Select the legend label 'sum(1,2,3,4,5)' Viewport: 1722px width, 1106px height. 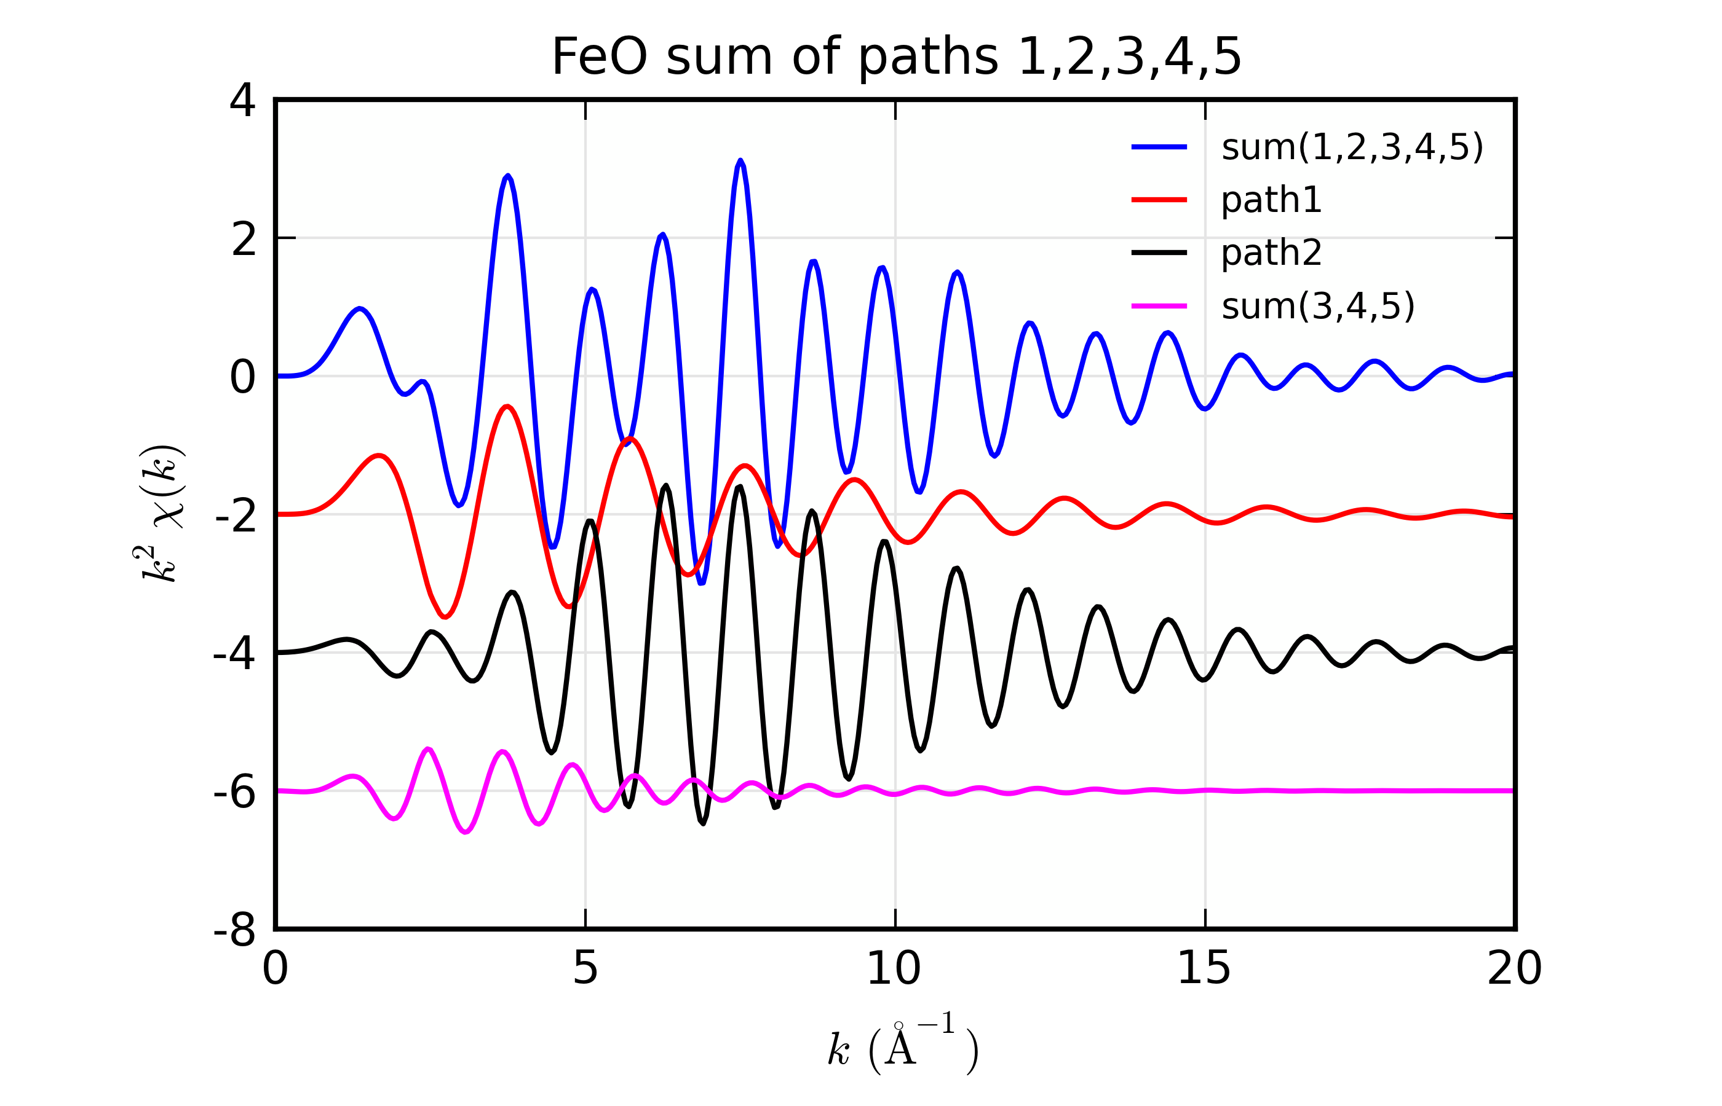(1352, 147)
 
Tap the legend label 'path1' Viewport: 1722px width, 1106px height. (1271, 200)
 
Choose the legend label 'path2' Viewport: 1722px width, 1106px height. (1271, 253)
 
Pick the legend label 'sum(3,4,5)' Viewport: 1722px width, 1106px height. (1317, 306)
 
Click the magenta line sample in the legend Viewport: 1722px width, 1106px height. (1159, 306)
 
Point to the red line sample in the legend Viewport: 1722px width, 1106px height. (1159, 200)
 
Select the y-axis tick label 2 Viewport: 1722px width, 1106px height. (243, 239)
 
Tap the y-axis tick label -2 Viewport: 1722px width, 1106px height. (235, 516)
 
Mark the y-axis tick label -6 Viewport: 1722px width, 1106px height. (234, 792)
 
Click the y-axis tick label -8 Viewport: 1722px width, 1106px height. (234, 931)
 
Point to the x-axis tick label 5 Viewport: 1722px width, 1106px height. (585, 969)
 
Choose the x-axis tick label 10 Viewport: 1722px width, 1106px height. (894, 969)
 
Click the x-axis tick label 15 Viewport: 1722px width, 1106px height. (1204, 969)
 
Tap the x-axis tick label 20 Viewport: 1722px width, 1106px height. (1514, 969)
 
